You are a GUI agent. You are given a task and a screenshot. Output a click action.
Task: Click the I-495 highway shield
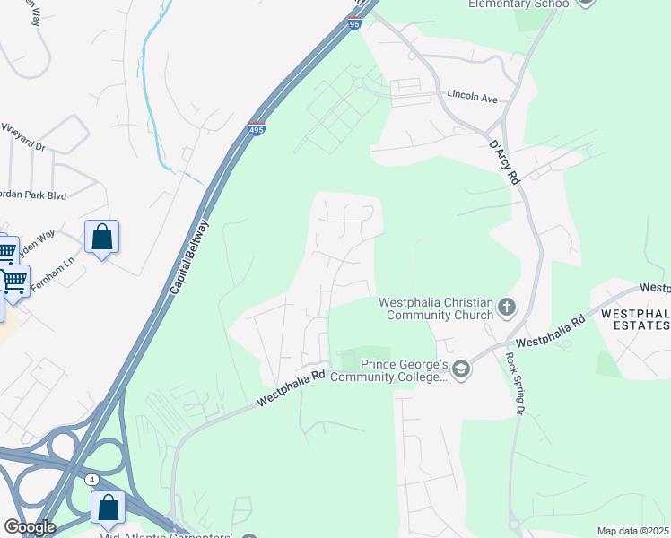(257, 130)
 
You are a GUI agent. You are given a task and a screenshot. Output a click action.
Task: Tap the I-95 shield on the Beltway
(354, 25)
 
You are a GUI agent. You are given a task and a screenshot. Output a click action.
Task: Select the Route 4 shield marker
(93, 481)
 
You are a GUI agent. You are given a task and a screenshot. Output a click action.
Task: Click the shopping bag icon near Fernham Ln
(101, 239)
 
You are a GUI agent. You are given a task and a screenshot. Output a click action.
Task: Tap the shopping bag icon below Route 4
(108, 508)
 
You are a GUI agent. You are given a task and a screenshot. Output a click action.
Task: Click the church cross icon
(507, 308)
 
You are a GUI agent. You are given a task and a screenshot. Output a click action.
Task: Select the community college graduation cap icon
(461, 369)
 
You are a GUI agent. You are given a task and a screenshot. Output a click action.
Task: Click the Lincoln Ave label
(472, 96)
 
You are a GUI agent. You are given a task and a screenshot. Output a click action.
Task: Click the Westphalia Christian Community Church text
(436, 308)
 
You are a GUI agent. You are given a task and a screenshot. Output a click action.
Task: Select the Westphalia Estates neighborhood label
(635, 319)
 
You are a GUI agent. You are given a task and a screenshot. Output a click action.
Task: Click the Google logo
(29, 527)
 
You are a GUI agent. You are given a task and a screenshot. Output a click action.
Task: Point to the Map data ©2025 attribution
(632, 531)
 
